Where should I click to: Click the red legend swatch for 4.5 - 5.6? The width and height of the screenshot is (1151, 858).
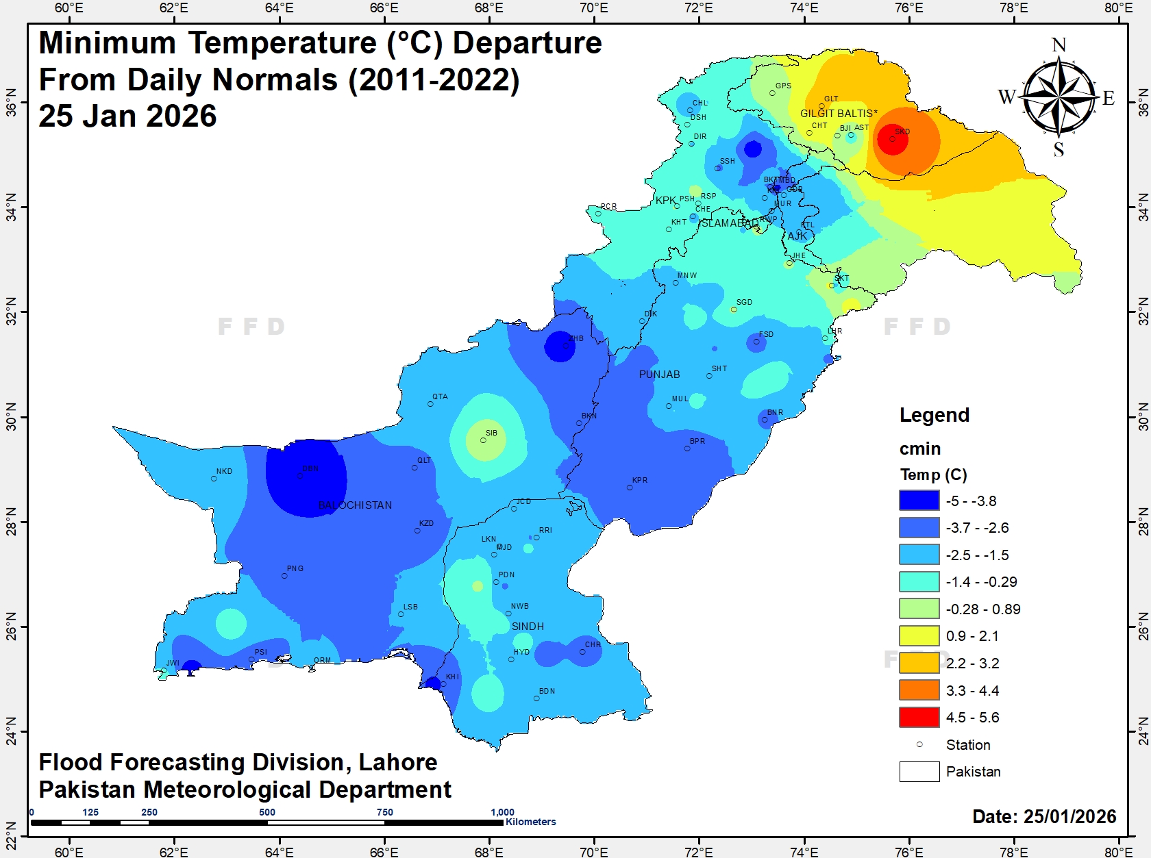(919, 717)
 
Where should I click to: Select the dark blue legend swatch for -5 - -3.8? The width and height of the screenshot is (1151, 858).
(919, 501)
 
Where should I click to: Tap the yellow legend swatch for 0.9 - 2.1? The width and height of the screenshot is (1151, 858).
(919, 635)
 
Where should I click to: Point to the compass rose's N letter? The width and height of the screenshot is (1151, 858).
(1059, 45)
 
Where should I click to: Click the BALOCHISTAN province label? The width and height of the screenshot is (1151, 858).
(355, 505)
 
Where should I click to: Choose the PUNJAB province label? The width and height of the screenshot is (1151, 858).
(659, 375)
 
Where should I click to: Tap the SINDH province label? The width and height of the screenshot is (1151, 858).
(528, 627)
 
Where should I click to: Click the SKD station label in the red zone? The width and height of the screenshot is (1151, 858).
(902, 131)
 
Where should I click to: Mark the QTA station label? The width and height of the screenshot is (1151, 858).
(440, 396)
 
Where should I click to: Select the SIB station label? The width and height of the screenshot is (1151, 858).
(491, 433)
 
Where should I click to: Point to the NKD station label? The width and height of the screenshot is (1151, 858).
(224, 471)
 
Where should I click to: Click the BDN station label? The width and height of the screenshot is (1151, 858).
(547, 691)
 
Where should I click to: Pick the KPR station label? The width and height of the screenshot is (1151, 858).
(640, 480)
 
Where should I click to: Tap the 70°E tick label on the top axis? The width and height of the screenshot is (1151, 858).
(593, 8)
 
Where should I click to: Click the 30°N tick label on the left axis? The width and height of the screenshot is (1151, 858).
(11, 417)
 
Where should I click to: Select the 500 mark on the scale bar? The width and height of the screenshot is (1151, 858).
(267, 812)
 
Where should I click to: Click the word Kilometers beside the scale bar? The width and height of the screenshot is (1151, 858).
(530, 822)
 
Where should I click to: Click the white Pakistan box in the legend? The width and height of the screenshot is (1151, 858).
(919, 771)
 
